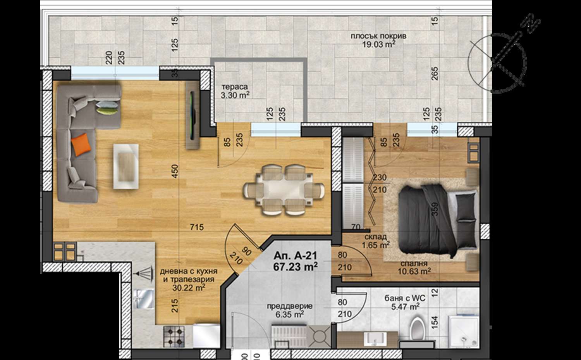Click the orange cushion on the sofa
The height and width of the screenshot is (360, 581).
tap(81, 145)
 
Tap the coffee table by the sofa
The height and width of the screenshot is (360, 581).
tap(126, 166)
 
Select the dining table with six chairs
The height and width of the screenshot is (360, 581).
tap(284, 190)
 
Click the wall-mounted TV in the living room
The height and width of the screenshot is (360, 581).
tap(193, 115)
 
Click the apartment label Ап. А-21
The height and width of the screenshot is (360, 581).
tap(296, 256)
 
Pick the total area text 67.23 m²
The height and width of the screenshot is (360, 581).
tap(296, 267)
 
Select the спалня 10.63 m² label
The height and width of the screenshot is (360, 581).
tap(414, 268)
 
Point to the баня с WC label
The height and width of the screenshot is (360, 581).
tap(405, 298)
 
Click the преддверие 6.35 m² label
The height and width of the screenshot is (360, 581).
tap(290, 310)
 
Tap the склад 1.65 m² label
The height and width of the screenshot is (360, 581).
tap(376, 241)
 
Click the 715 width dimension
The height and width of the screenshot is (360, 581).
tap(197, 227)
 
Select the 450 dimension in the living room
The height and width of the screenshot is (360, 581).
tap(175, 171)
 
